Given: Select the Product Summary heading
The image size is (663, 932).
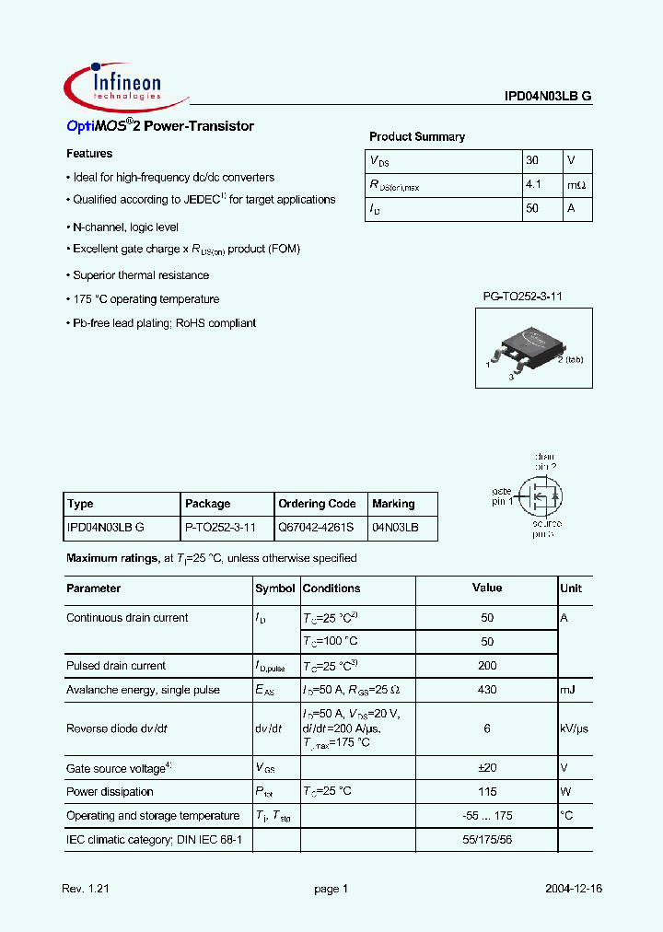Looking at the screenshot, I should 417,137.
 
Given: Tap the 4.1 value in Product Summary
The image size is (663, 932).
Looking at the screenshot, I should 533,185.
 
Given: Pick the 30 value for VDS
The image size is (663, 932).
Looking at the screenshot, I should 532,160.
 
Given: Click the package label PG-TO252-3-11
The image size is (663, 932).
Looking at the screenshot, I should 522,296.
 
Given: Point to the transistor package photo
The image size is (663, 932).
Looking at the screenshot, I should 526,344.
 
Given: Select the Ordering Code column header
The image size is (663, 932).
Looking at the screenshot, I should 317,504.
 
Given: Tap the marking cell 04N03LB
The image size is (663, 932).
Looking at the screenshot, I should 395,528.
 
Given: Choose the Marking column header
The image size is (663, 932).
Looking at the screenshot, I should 393,504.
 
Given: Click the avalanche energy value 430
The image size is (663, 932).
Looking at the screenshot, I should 487,690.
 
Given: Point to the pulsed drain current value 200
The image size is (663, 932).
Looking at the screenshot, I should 487,666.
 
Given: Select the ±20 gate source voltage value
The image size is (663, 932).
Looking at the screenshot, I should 487,768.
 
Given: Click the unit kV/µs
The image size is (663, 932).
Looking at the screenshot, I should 575,728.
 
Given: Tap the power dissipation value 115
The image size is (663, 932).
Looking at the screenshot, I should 487,792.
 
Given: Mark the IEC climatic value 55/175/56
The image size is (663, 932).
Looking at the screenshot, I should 487,841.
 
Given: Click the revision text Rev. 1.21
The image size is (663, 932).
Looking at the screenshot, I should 85,889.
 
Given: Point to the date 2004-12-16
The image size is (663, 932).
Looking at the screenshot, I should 575,889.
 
